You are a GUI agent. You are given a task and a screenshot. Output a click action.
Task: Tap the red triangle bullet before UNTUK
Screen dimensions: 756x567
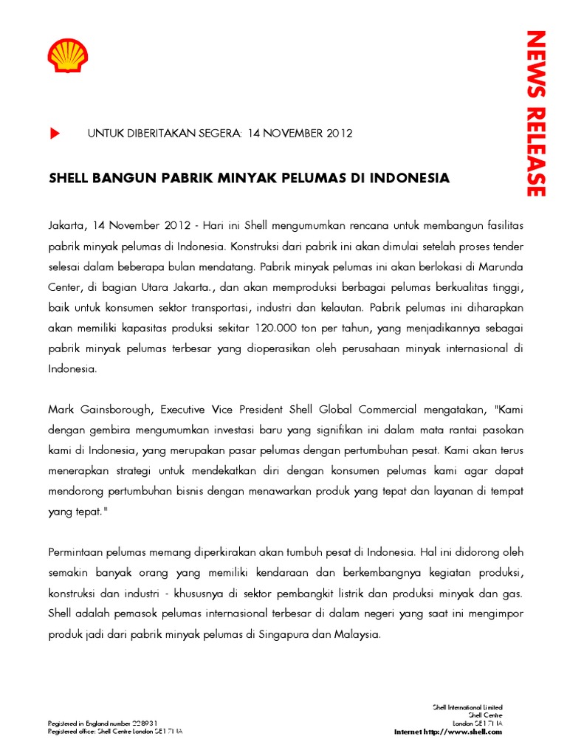coord(55,134)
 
